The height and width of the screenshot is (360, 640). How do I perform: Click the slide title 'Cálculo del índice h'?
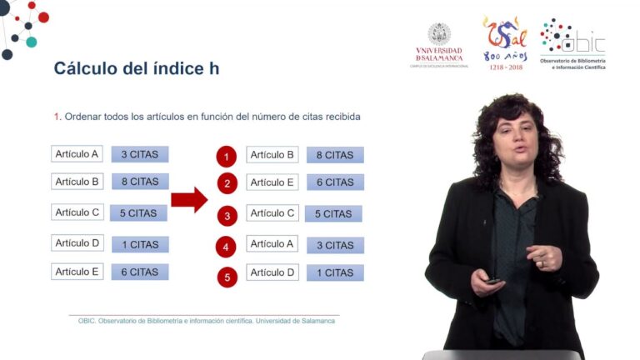pyautogui.click(x=137, y=68)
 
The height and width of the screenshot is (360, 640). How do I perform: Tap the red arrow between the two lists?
pyautogui.click(x=189, y=200)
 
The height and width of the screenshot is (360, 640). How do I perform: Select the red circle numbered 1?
pyautogui.click(x=227, y=157)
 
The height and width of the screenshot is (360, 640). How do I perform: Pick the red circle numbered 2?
pyautogui.click(x=227, y=184)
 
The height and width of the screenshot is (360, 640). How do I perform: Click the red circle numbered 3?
pyautogui.click(x=227, y=216)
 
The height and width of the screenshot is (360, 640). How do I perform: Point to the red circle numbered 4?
pyautogui.click(x=227, y=247)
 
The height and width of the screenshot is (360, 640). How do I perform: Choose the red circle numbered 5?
pyautogui.click(x=227, y=277)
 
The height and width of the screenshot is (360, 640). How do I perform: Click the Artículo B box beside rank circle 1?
pyautogui.click(x=272, y=155)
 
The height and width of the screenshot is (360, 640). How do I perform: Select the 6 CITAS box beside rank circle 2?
pyautogui.click(x=335, y=182)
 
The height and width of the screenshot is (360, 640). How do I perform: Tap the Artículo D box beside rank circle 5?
pyautogui.click(x=272, y=272)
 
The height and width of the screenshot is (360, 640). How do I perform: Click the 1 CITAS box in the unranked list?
pyautogui.click(x=140, y=244)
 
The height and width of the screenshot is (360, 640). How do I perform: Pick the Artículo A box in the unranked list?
pyautogui.click(x=77, y=154)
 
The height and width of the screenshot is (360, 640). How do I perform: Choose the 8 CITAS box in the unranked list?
pyautogui.click(x=140, y=182)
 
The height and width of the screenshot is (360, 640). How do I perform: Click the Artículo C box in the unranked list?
pyautogui.click(x=77, y=212)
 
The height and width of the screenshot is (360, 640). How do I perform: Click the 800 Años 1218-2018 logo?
pyautogui.click(x=504, y=42)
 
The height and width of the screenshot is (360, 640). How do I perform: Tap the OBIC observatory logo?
pyautogui.click(x=572, y=45)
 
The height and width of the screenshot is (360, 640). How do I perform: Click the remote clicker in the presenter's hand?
pyautogui.click(x=494, y=281)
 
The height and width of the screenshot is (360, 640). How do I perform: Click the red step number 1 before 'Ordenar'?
pyautogui.click(x=57, y=117)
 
